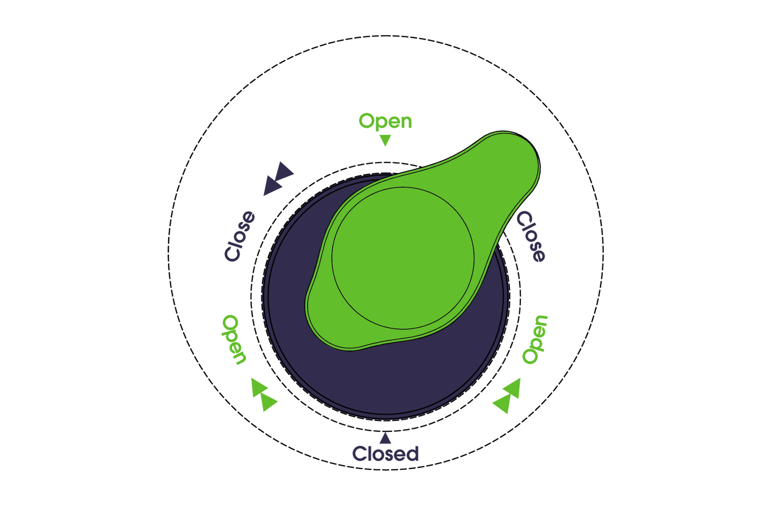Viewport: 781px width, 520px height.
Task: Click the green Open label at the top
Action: [x=385, y=121]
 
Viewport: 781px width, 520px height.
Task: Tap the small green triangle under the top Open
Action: [x=385, y=140]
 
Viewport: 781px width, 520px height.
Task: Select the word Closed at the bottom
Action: [x=385, y=454]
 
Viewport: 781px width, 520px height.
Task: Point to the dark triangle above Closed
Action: [x=385, y=438]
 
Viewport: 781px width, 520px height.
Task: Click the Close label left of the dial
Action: [x=240, y=236]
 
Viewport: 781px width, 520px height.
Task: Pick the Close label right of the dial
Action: [x=531, y=236]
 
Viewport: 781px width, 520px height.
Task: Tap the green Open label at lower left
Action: [x=234, y=339]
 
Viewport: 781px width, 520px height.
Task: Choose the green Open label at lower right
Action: [x=535, y=339]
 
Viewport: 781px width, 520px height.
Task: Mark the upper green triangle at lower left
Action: [x=258, y=387]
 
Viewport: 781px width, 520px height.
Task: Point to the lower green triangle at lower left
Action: [x=268, y=402]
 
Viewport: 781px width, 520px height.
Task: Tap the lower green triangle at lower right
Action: [x=502, y=403]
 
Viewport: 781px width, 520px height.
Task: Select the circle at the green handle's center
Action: [x=403, y=258]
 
